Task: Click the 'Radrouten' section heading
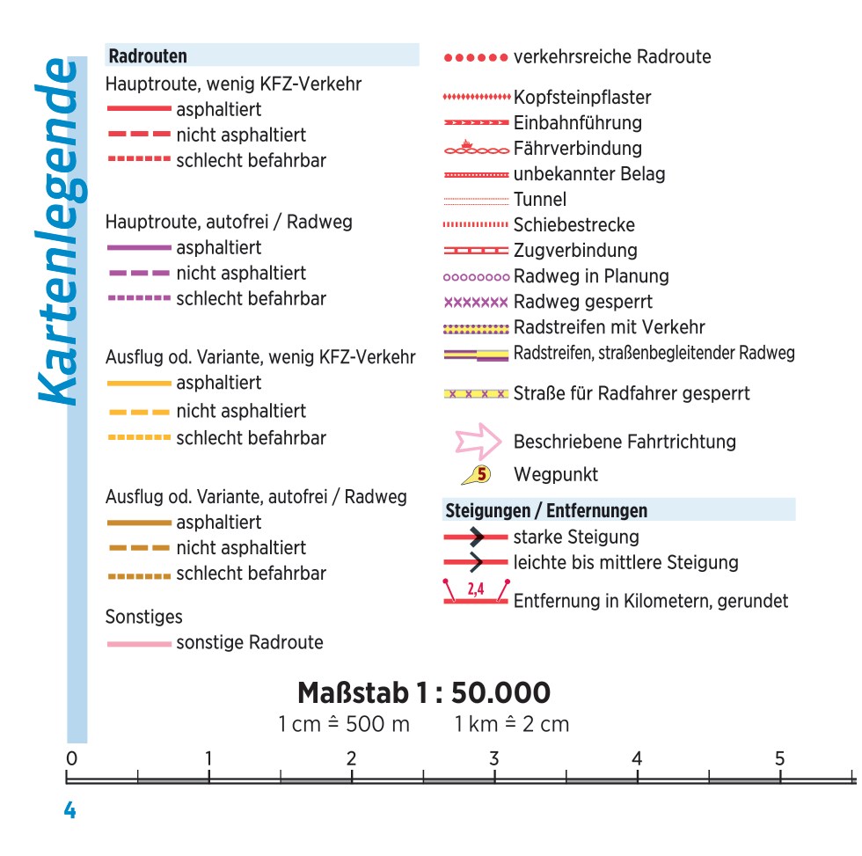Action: click(x=148, y=56)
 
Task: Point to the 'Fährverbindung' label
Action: click(x=577, y=149)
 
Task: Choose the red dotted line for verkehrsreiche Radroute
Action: click(x=476, y=58)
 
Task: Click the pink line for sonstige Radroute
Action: click(x=139, y=644)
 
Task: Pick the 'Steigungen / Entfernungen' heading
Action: click(x=546, y=510)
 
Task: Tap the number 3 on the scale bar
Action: click(x=494, y=758)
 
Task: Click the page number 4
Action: click(x=69, y=810)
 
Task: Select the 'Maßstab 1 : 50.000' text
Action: click(x=424, y=693)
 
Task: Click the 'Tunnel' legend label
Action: click(x=540, y=200)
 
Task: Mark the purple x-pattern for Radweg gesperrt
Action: click(x=476, y=303)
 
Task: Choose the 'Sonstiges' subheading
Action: click(x=144, y=617)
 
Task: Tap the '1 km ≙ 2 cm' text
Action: click(x=512, y=725)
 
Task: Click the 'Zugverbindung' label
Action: click(x=575, y=251)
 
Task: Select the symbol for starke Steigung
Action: click(x=476, y=537)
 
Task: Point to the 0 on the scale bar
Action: click(x=71, y=758)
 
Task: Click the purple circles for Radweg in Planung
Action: click(x=476, y=277)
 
